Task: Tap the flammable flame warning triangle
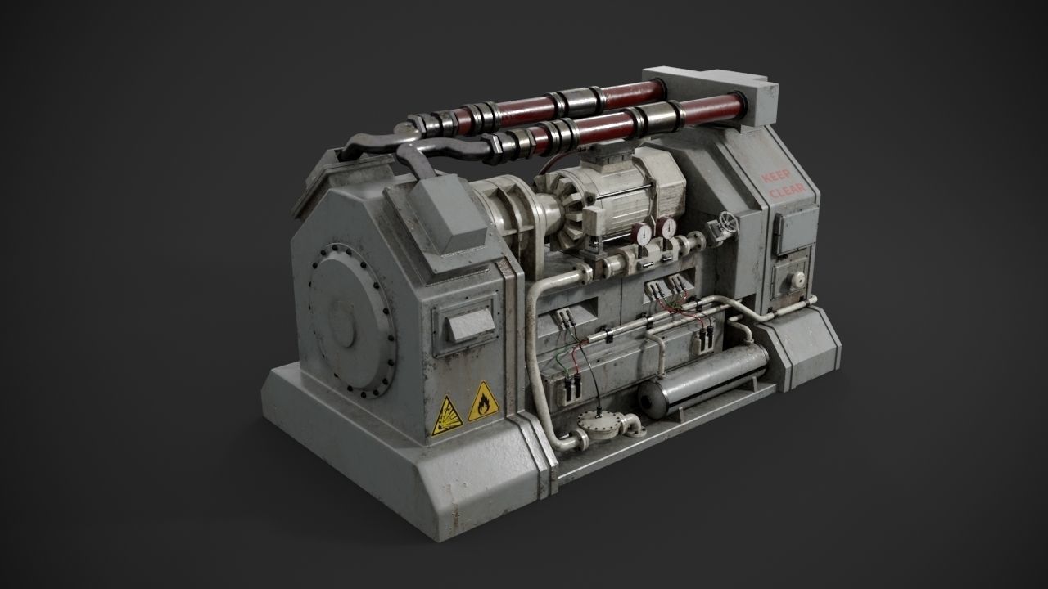pos(483,401)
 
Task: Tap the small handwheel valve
pos(726,222)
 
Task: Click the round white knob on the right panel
pos(797,279)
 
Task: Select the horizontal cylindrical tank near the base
pos(704,380)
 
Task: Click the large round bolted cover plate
pos(350,319)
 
